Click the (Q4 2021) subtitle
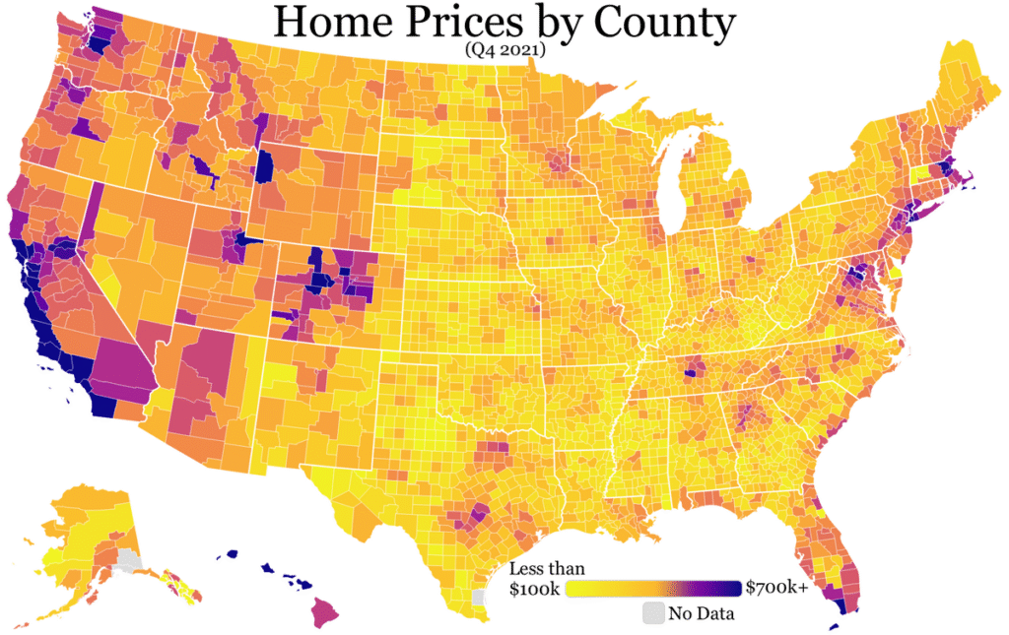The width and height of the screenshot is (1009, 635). [504, 50]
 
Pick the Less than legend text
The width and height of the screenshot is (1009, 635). [547, 569]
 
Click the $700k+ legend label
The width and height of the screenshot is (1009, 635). [776, 589]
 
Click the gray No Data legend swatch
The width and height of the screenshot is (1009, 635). [653, 613]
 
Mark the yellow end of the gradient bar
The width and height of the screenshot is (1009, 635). [572, 589]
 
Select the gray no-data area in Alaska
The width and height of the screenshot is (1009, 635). [126, 561]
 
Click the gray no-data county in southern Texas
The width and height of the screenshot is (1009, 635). [479, 597]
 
